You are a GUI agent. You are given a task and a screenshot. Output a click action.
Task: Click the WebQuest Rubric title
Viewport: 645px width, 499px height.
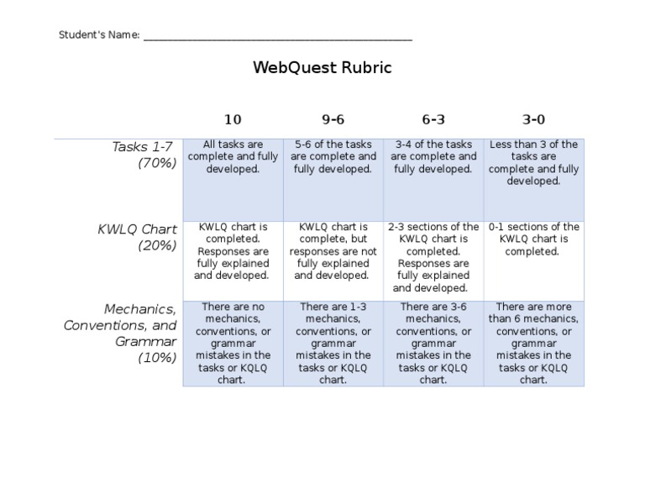(x=322, y=68)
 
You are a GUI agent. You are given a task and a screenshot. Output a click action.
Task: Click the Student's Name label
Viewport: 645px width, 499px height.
(x=98, y=35)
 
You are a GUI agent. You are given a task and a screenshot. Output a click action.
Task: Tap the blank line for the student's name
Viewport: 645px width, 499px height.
(x=277, y=37)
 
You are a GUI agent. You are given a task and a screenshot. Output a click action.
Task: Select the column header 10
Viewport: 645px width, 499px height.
(x=233, y=120)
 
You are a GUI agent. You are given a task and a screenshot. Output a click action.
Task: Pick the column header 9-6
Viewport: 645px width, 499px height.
(x=333, y=120)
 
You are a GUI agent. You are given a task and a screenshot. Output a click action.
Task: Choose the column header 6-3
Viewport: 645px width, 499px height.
(x=433, y=120)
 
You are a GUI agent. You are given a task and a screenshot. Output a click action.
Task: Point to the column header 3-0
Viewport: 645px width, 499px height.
(x=533, y=120)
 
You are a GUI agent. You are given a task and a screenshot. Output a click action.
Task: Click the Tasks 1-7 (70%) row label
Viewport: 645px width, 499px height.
(x=144, y=155)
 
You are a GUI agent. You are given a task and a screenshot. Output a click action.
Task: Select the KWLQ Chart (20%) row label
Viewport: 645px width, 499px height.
(x=137, y=237)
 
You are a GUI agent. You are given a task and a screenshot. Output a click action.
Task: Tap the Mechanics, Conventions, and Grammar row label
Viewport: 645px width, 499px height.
(x=120, y=334)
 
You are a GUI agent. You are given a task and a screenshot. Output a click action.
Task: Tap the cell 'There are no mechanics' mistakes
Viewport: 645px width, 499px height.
(x=233, y=344)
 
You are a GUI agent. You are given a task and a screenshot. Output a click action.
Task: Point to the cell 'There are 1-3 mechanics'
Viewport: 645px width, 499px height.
(x=333, y=344)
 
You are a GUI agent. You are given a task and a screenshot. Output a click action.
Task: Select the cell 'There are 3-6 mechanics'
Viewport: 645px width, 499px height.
(x=433, y=344)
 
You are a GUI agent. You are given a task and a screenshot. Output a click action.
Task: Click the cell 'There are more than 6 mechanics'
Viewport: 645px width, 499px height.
(x=533, y=344)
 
